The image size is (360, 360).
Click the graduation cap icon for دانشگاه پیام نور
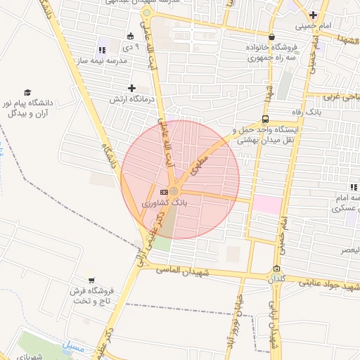[x=28, y=92]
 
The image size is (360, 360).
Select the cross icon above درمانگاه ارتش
[x=131, y=88]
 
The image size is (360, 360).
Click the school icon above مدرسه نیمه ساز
[x=101, y=50]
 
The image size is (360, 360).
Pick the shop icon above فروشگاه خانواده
[x=271, y=37]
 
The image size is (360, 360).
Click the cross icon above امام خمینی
[x=313, y=15]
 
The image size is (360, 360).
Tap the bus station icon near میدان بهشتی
[x=265, y=119]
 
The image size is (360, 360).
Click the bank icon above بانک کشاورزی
[x=164, y=191]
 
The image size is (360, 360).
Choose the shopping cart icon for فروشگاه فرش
[x=91, y=280]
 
